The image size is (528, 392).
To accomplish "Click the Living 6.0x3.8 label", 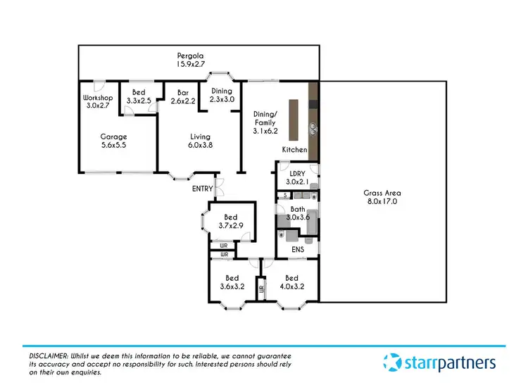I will tap(201, 141).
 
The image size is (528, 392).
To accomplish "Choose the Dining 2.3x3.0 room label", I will tap(222, 95).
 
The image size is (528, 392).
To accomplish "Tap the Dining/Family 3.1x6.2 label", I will tap(265, 122).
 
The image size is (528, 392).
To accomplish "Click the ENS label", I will tap(298, 248).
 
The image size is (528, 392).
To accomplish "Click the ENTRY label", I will tap(202, 189).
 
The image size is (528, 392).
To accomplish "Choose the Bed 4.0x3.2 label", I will tap(291, 282).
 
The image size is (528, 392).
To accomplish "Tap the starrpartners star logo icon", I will tap(392, 362).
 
